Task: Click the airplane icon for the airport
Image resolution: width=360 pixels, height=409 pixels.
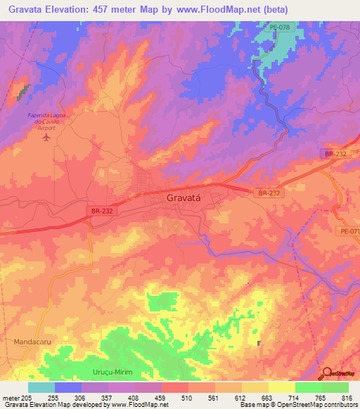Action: pos(47,136)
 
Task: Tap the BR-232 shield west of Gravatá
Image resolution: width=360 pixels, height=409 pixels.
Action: pos(102,210)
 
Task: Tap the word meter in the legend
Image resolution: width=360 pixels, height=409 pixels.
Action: pos(10,397)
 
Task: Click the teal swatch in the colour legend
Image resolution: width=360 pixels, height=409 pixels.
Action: pos(41,387)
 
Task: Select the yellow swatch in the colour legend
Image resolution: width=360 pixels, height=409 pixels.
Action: pos(282,387)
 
